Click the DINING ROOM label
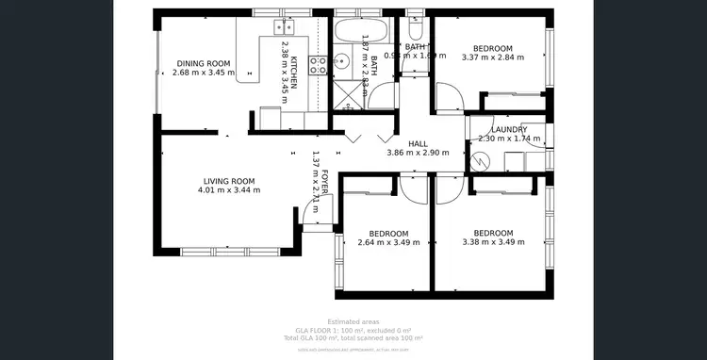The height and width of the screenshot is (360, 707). click(x=203, y=63)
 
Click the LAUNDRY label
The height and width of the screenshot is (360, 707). click(x=509, y=129)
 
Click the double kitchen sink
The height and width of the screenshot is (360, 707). click(x=284, y=26)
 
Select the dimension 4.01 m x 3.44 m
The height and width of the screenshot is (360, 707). click(x=229, y=190)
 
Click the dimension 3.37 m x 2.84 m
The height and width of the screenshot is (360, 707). click(x=492, y=57)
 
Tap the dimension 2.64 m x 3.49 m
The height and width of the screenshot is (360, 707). click(x=388, y=243)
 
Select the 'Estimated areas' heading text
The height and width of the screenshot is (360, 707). click(x=353, y=322)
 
